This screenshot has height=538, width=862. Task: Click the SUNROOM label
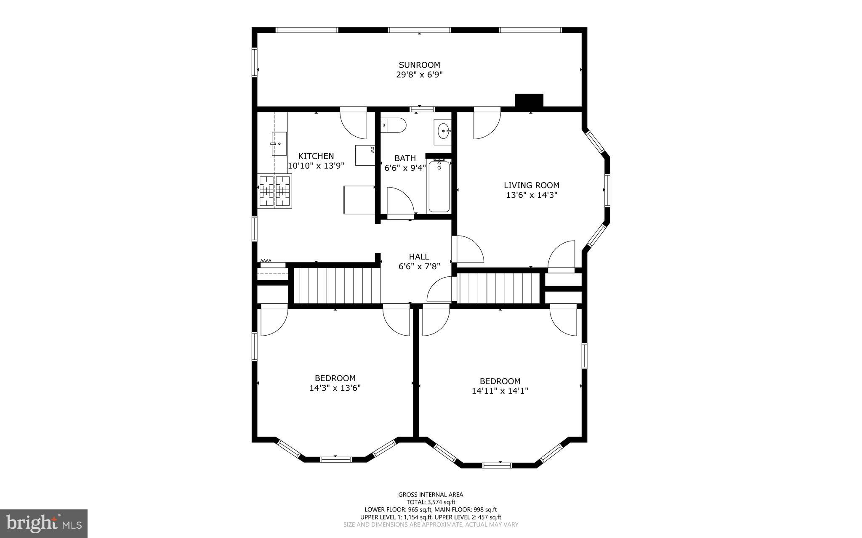click(x=419, y=65)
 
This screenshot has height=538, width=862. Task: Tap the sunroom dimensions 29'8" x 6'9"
click(x=419, y=75)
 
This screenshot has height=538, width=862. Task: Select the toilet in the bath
click(x=394, y=125)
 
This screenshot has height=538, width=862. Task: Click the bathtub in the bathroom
click(x=439, y=187)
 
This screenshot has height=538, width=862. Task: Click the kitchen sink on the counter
click(x=279, y=143)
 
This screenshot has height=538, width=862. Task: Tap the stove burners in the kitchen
click(x=275, y=191)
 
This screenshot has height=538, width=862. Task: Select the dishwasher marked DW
click(x=365, y=155)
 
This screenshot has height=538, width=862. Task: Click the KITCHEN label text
click(x=316, y=156)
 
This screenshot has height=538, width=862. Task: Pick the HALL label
click(x=419, y=257)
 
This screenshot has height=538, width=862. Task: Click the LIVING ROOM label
click(x=532, y=185)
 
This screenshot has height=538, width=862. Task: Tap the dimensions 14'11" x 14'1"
click(x=500, y=391)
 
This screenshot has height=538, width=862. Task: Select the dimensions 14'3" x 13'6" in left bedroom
click(x=335, y=388)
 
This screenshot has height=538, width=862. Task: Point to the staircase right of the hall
click(x=498, y=288)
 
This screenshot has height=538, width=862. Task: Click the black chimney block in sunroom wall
click(x=529, y=101)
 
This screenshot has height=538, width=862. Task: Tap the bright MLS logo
click(x=44, y=523)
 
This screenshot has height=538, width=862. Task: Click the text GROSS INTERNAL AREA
click(x=431, y=495)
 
